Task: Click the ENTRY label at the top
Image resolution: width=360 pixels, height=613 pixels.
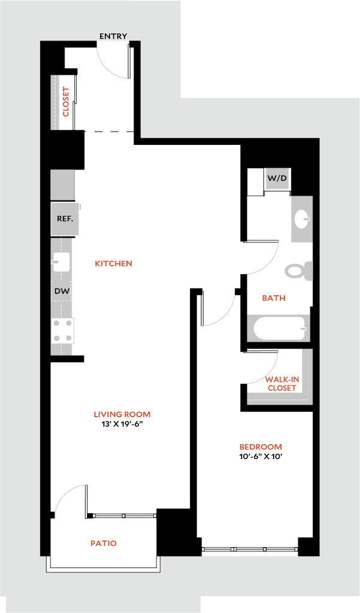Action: pyautogui.click(x=113, y=37)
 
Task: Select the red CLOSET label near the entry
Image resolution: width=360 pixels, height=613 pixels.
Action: pyautogui.click(x=66, y=102)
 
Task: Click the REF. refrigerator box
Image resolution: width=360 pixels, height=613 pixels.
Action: pyautogui.click(x=65, y=219)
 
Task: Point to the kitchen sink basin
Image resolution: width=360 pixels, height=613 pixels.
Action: pyautogui.click(x=61, y=262)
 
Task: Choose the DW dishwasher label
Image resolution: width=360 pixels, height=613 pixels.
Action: pyautogui.click(x=62, y=292)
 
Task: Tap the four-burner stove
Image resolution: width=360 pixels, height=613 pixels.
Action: pyautogui.click(x=62, y=330)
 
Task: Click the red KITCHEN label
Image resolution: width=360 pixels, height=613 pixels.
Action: pyautogui.click(x=114, y=263)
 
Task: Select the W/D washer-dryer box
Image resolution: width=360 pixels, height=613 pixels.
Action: pyautogui.click(x=277, y=178)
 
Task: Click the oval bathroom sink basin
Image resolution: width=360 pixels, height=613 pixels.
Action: pyautogui.click(x=302, y=220)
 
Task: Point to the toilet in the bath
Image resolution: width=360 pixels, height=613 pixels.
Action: pyautogui.click(x=298, y=271)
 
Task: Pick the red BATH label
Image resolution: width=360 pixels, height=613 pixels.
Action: pyautogui.click(x=274, y=298)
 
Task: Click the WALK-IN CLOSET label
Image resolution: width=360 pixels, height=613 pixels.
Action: pyautogui.click(x=282, y=384)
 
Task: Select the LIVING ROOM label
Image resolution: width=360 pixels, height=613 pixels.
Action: pyautogui.click(x=122, y=414)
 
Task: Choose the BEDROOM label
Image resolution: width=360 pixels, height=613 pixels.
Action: pyautogui.click(x=261, y=447)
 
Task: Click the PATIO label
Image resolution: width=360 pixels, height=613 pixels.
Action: pyautogui.click(x=104, y=544)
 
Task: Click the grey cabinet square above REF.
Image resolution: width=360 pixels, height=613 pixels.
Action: pyautogui.click(x=62, y=184)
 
